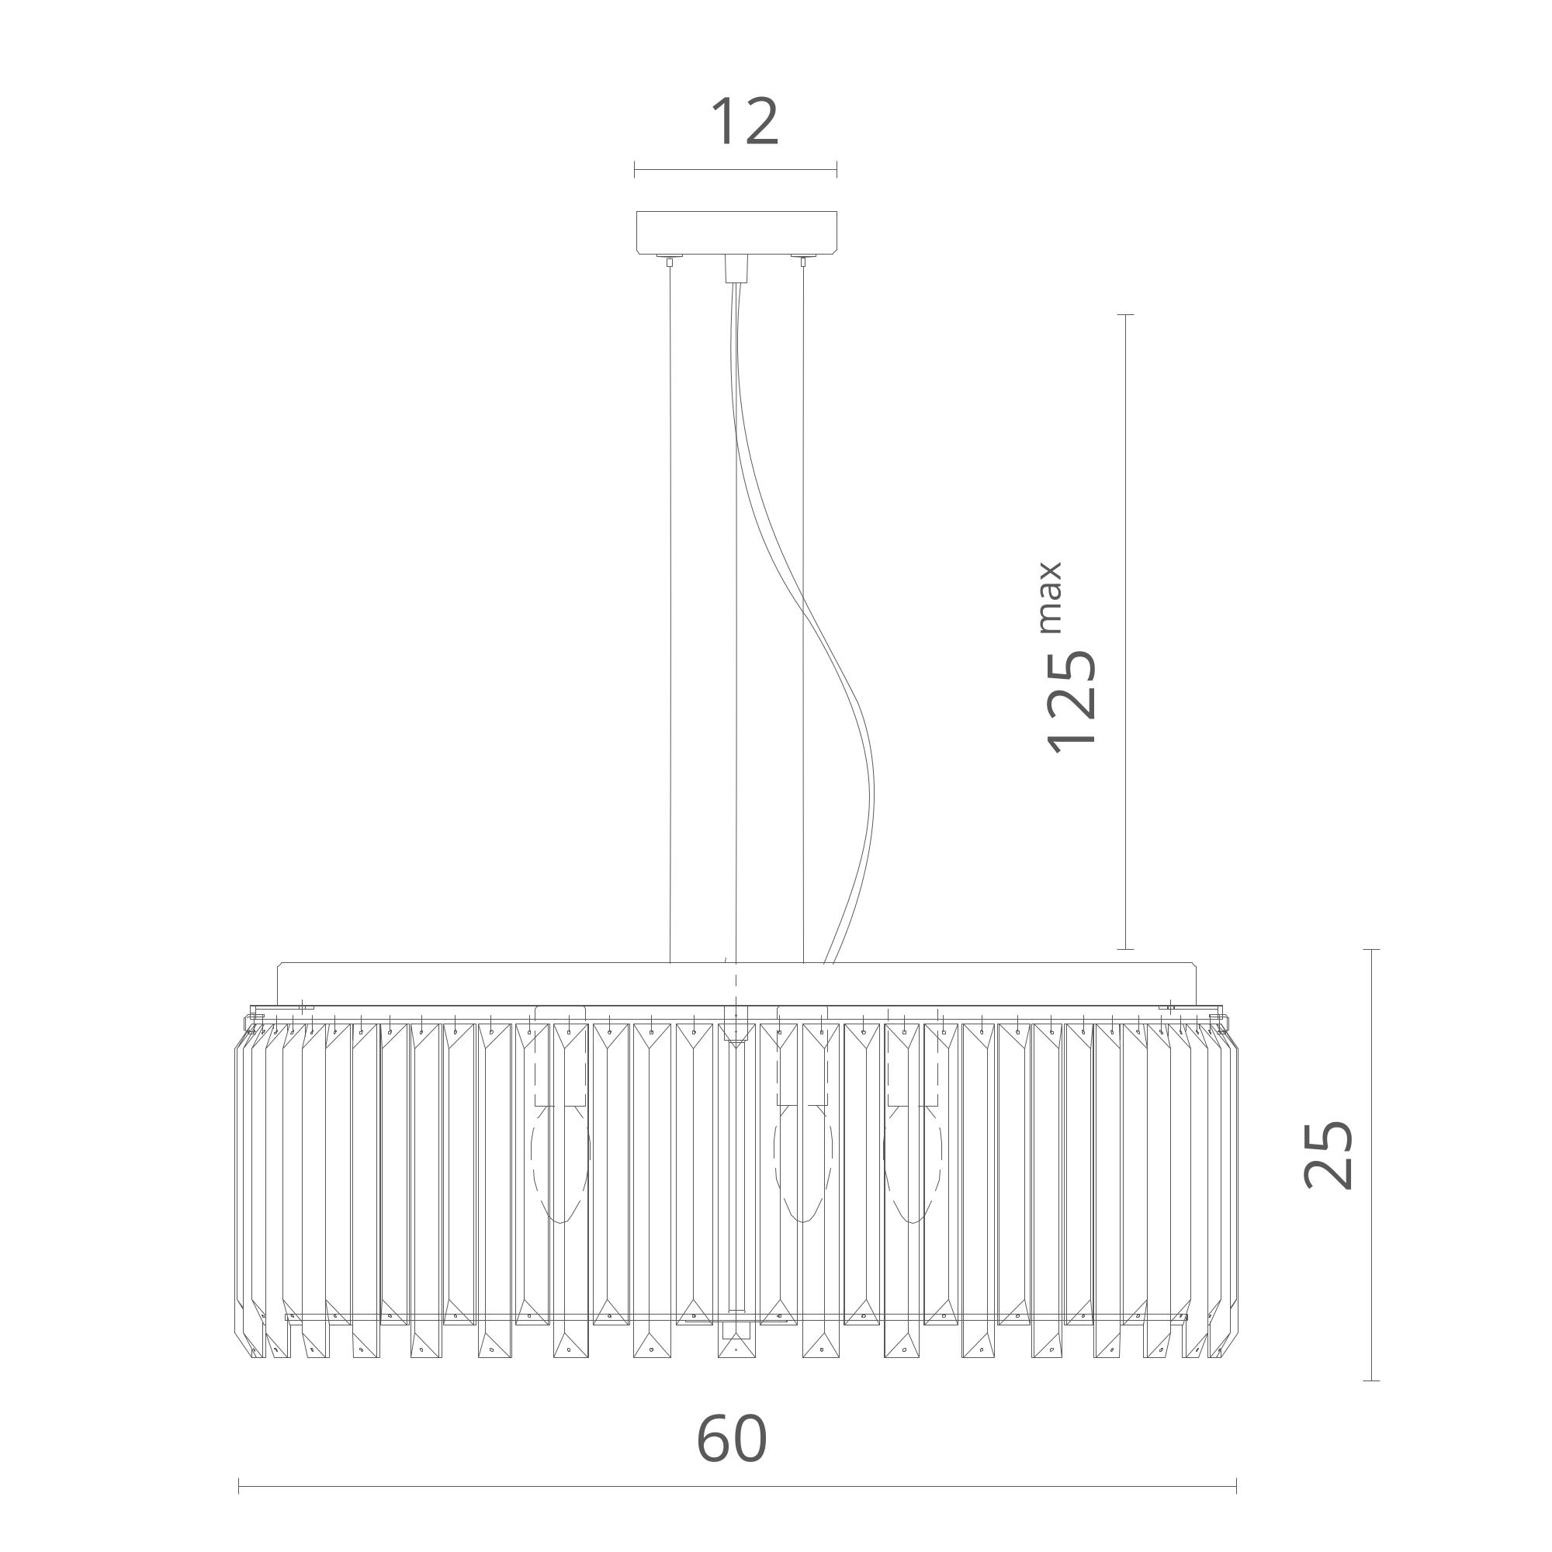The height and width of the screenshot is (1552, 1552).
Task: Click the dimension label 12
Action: coord(745,122)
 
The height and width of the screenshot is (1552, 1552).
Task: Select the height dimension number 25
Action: coord(1329,1155)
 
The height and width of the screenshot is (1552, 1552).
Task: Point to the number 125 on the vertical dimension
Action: coord(1072,701)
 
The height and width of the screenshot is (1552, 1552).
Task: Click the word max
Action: coord(1051,598)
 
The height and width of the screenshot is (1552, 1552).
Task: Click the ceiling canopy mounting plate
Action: coord(736,233)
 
